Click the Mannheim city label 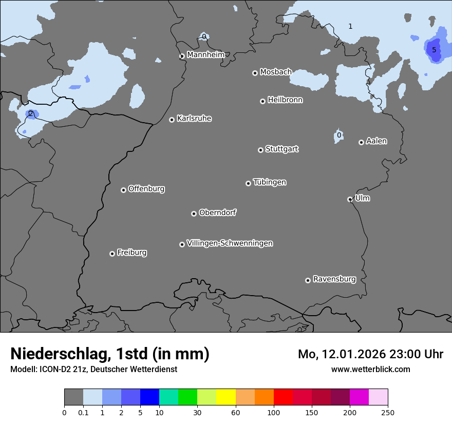[205, 54]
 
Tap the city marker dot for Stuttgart [260, 150]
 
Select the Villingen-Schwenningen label [230, 243]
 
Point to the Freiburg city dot [112, 254]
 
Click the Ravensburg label [334, 279]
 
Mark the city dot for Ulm [350, 199]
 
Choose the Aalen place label [376, 141]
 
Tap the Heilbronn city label [285, 100]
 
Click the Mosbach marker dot [255, 73]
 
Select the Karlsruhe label [194, 118]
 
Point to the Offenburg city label [146, 188]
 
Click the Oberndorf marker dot [194, 214]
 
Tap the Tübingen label [269, 182]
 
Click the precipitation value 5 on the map [434, 50]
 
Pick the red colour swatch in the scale [283, 397]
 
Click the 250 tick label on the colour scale [388, 412]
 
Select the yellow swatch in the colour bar [226, 397]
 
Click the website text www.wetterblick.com [370, 369]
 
